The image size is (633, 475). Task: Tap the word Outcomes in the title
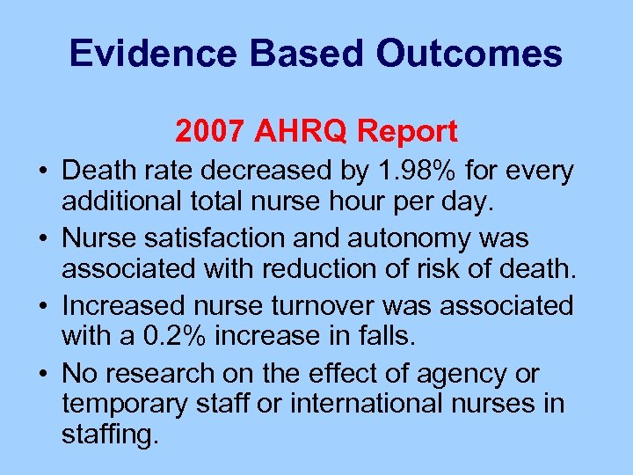click(469, 54)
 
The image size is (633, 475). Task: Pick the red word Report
click(407, 131)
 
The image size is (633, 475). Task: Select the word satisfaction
click(207, 238)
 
